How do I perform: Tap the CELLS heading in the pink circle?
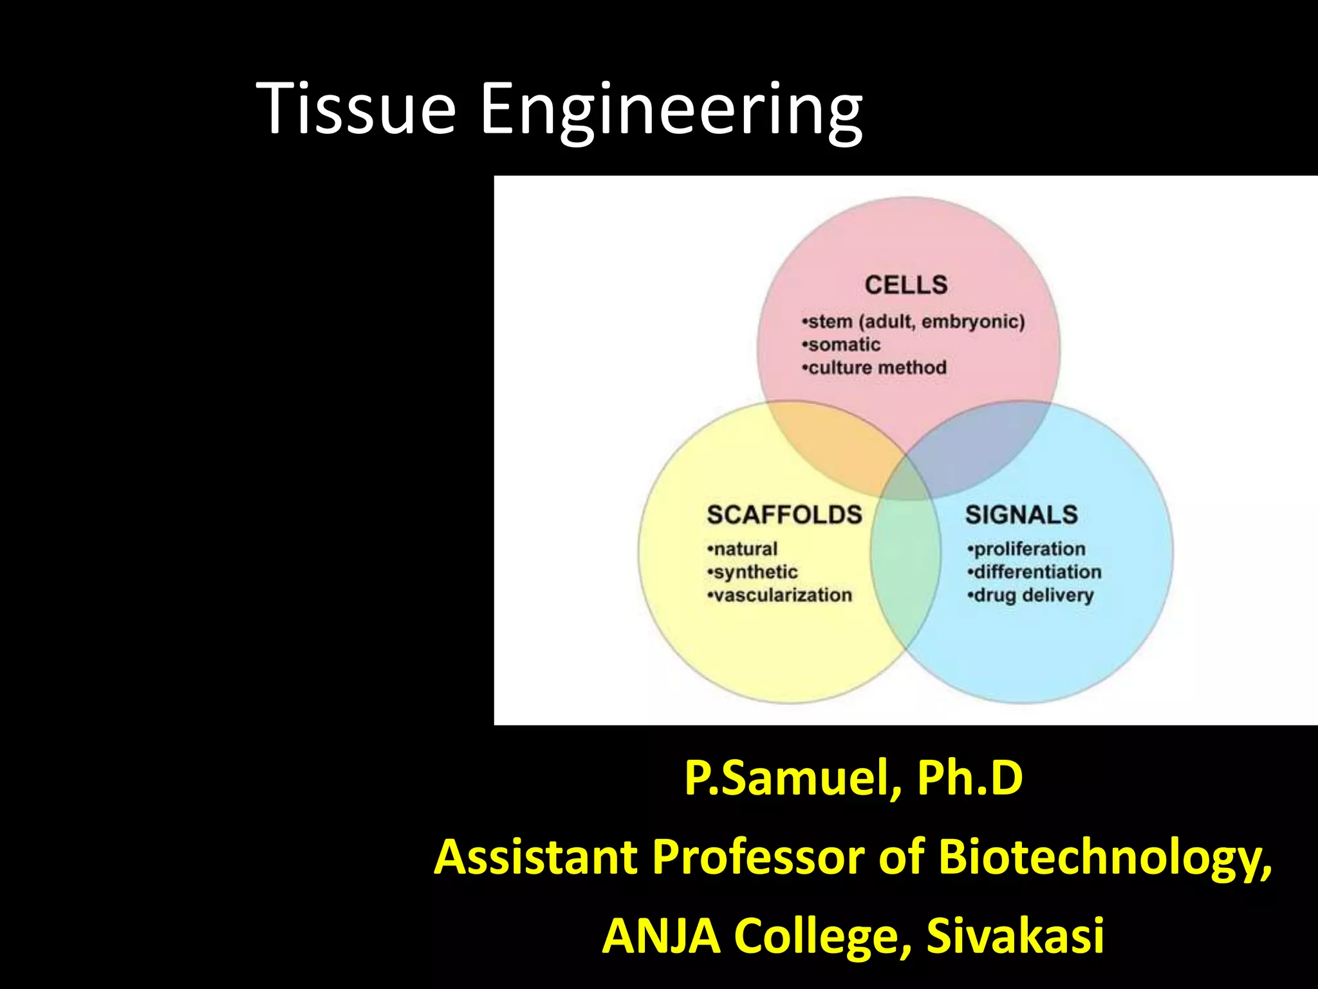[905, 285]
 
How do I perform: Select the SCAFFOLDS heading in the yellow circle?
[784, 514]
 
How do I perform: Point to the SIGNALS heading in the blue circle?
[1021, 514]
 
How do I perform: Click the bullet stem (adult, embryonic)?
[913, 321]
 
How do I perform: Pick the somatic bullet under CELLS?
[841, 344]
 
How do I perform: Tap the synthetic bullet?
[752, 572]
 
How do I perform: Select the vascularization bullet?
[779, 595]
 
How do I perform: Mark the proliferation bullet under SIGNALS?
[1026, 549]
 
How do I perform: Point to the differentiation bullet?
[1034, 572]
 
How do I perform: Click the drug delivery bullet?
[1030, 595]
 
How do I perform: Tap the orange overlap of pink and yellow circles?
[837, 451]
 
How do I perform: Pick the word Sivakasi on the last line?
[1015, 936]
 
